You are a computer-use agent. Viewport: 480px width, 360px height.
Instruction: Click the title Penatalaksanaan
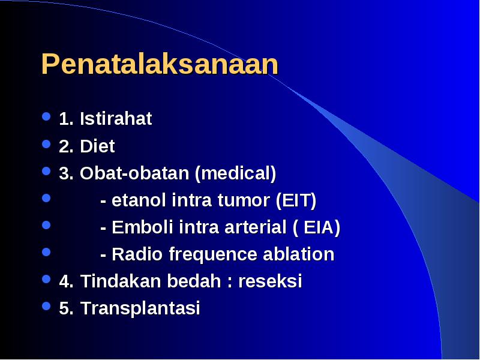pos(160,64)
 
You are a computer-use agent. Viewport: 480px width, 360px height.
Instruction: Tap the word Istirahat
pos(116,118)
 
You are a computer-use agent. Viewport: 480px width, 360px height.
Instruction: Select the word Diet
pos(97,146)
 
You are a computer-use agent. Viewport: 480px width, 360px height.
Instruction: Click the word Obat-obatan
pos(134,173)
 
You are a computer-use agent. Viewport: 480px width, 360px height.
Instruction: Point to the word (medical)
pos(235,173)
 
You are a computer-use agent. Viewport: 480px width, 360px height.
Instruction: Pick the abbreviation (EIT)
pos(296,200)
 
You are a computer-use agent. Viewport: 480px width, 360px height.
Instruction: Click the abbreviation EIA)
pos(322,227)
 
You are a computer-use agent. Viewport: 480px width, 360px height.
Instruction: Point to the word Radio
pos(137,254)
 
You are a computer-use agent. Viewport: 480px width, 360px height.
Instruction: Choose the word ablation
pos(298,254)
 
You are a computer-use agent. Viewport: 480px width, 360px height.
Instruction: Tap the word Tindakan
pos(121,281)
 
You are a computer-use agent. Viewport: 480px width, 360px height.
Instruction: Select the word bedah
pos(194,281)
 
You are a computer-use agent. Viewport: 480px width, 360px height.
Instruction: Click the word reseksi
pos(270,281)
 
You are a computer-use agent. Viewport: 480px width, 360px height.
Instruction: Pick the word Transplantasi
pos(140,308)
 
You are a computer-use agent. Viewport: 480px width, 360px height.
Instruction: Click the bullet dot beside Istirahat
pos(46,116)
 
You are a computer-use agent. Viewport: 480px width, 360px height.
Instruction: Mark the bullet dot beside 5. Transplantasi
pos(46,306)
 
